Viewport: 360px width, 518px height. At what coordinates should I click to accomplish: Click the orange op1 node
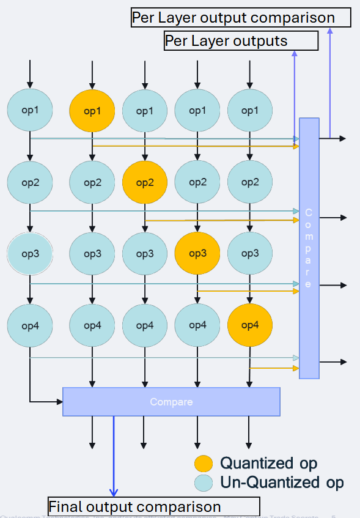pos(92,111)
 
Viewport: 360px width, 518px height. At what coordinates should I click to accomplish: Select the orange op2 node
pos(145,182)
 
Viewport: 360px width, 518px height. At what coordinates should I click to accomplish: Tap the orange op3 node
pos(197,253)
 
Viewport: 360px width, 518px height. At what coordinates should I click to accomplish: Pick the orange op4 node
pos(249,325)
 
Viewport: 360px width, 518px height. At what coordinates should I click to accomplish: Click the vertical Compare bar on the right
pos(309,248)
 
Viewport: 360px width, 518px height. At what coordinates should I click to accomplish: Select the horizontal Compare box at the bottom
pos(171,402)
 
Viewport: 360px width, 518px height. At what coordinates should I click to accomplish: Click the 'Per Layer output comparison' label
pos(241,18)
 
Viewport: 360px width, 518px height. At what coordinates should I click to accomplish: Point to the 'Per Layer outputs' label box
pos(241,42)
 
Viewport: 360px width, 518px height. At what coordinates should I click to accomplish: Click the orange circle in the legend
pos(204,463)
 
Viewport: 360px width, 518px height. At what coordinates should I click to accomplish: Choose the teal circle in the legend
pos(204,483)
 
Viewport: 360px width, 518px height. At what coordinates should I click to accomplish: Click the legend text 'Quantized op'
pos(269,463)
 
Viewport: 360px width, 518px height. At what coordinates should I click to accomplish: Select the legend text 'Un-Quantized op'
pos(282,483)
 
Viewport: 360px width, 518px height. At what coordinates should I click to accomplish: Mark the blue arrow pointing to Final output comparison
pos(113,459)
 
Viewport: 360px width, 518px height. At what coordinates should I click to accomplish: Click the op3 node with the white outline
pos(30,253)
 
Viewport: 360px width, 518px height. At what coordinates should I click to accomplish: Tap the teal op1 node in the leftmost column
pos(30,111)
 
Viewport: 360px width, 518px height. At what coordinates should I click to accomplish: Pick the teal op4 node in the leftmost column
pos(30,325)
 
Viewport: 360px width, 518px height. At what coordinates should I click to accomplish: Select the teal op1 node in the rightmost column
pos(249,111)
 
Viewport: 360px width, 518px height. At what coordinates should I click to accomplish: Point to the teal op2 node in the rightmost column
pos(249,182)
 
